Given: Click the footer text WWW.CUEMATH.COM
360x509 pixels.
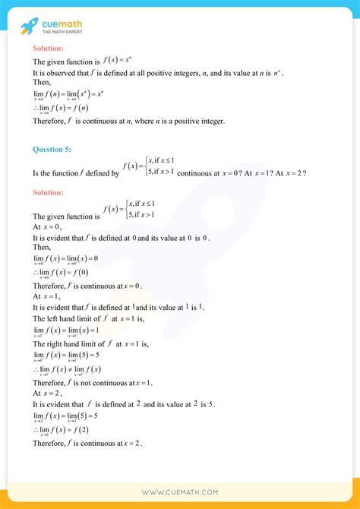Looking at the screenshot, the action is [180, 492].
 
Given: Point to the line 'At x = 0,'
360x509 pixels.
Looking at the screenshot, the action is [47, 226].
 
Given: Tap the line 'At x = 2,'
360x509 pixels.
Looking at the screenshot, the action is [47, 394].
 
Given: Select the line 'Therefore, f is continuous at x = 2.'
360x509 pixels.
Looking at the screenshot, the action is [87, 443].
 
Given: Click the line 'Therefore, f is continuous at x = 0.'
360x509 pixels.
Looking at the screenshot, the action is [87, 286].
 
